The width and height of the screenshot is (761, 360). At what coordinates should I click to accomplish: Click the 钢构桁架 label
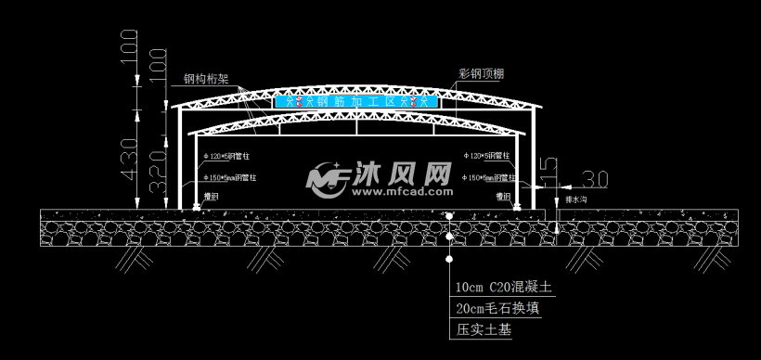pos(207,81)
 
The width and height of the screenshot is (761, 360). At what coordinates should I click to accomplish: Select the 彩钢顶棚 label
pos(482,71)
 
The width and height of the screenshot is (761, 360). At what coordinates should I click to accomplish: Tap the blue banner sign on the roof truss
pos(358,99)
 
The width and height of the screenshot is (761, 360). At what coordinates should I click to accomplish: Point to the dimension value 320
pos(158,166)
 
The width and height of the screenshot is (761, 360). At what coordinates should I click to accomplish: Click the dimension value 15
pos(549,170)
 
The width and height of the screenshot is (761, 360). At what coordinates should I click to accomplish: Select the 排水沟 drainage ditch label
pos(575,199)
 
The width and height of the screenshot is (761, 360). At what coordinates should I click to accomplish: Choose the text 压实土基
pos(484,328)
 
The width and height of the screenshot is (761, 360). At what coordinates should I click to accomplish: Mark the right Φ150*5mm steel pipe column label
pos(492,176)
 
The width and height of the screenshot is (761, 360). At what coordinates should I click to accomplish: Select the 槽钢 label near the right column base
pos(504,197)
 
